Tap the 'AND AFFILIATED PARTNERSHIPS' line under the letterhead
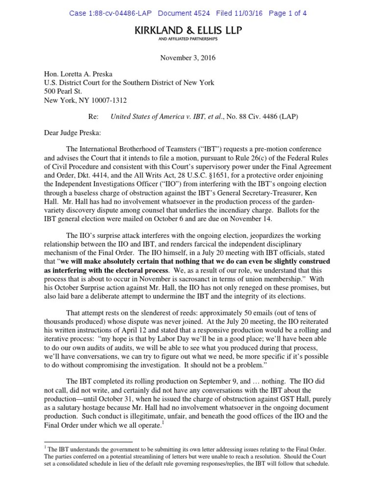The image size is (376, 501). pos(188,39)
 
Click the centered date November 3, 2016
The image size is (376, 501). pos(188,58)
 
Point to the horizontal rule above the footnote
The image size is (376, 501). pos(85,441)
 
